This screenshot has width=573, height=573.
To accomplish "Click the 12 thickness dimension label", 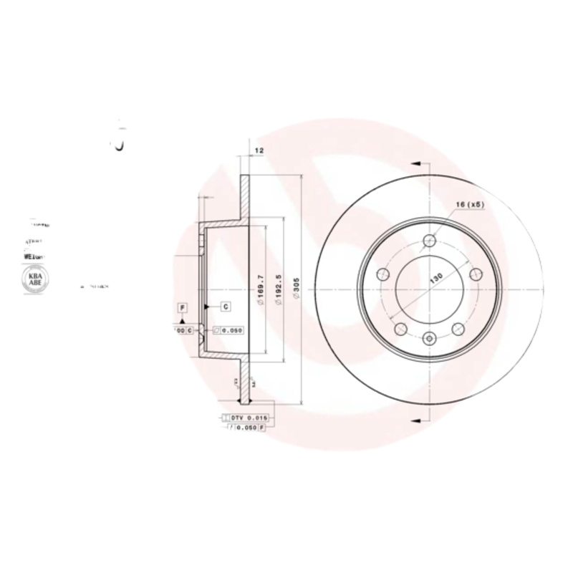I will click(x=260, y=150).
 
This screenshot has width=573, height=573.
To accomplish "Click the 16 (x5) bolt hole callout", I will click(x=470, y=205).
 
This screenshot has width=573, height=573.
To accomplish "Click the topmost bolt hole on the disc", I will click(x=429, y=241).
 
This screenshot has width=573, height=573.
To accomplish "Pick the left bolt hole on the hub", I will click(x=382, y=274).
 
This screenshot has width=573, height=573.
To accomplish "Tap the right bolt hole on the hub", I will click(x=475, y=274).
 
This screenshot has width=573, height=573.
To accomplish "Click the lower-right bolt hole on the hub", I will click(x=458, y=329).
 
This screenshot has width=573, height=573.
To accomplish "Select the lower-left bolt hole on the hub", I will click(x=400, y=329).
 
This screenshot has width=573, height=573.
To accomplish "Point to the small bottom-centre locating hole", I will click(x=429, y=339).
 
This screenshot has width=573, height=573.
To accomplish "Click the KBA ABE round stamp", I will click(x=34, y=279).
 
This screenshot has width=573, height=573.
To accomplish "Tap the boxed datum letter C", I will click(x=225, y=307).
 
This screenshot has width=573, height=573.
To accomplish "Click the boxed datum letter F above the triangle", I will click(x=183, y=307).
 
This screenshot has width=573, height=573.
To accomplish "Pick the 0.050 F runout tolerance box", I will click(x=246, y=427).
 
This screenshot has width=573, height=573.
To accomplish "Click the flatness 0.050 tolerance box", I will click(x=228, y=330).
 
